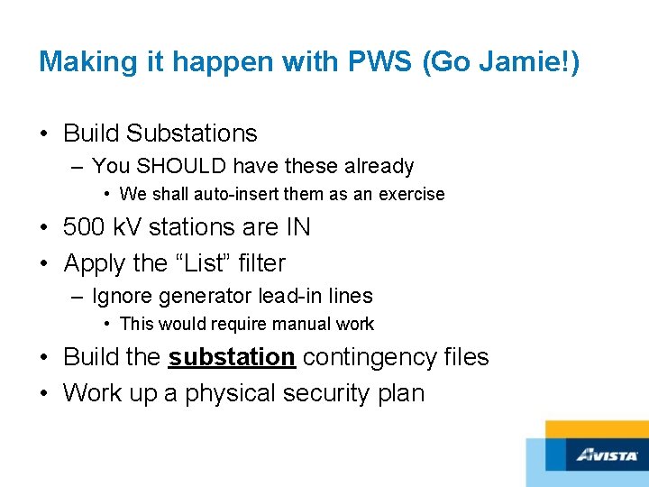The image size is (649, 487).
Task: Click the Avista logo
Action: coord(607,455)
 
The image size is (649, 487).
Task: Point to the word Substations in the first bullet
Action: coord(191,133)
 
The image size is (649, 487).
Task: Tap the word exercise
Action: coord(411,194)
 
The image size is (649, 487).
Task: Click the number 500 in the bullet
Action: coord(86,227)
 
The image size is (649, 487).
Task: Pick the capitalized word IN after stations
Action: coord(294,227)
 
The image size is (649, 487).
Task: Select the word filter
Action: coord(260,263)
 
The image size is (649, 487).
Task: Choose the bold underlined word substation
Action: coord(232,357)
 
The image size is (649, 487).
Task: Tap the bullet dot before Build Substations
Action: coord(44,133)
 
